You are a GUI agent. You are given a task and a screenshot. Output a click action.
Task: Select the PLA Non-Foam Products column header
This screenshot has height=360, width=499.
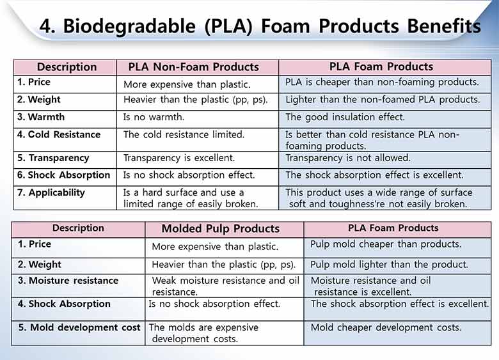tap(193, 67)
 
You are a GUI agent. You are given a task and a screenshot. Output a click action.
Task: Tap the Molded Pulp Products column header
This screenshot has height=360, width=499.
tap(220, 229)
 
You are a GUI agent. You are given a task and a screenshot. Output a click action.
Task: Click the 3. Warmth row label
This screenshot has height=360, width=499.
tap(41, 117)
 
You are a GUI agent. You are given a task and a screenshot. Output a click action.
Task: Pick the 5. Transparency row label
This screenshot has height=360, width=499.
tap(53, 158)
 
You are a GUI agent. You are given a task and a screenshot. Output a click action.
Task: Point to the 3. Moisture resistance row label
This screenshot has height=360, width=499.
tap(68, 281)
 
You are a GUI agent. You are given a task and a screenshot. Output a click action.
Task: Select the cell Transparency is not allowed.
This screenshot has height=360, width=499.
tap(347, 158)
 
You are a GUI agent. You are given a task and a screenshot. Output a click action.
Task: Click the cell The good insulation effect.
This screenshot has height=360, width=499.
tap(345, 117)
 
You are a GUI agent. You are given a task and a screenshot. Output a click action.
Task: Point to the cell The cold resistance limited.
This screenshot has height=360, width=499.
tap(184, 135)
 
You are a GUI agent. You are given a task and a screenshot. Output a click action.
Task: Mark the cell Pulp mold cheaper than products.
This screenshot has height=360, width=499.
tap(385, 244)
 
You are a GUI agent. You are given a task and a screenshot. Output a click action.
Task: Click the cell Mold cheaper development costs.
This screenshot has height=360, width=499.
tap(385, 327)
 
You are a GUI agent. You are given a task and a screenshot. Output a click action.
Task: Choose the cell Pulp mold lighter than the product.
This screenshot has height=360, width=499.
tap(389, 265)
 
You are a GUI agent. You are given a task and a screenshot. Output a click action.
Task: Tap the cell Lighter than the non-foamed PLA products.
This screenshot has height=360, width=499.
tap(382, 100)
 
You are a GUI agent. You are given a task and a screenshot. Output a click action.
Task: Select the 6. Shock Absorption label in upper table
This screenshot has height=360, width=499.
tap(63, 175)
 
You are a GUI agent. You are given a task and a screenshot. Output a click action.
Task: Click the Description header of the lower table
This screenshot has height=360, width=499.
tap(78, 228)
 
